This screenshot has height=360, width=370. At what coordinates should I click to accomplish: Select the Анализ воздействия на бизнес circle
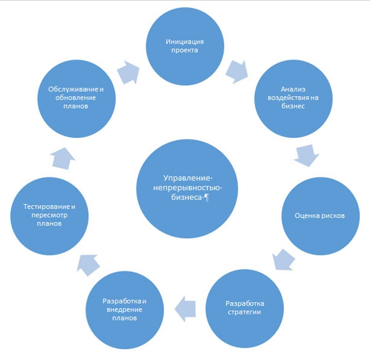293,98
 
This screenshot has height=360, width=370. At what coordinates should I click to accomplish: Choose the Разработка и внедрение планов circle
123,310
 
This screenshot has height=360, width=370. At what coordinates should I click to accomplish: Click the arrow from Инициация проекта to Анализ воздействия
236,71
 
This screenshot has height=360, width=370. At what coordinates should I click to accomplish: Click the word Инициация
185,42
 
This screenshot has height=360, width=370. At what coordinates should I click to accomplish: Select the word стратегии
245,311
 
